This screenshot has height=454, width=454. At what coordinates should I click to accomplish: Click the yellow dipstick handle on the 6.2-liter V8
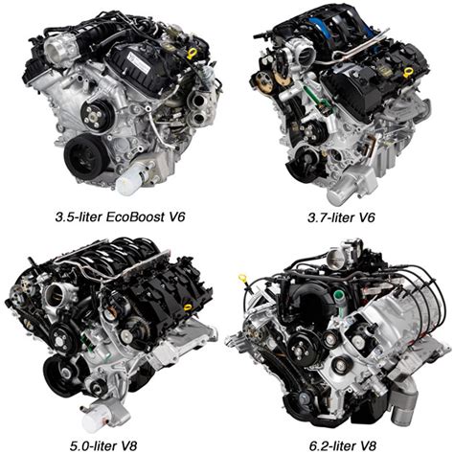click(x=244, y=280)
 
